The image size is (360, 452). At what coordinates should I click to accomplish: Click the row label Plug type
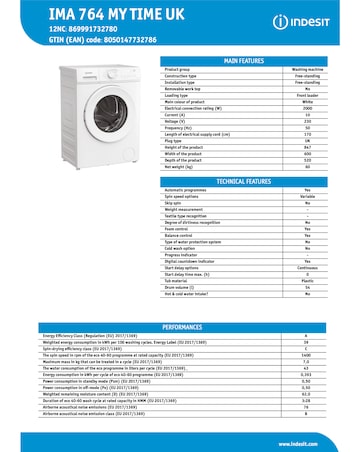(x=205, y=138)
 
